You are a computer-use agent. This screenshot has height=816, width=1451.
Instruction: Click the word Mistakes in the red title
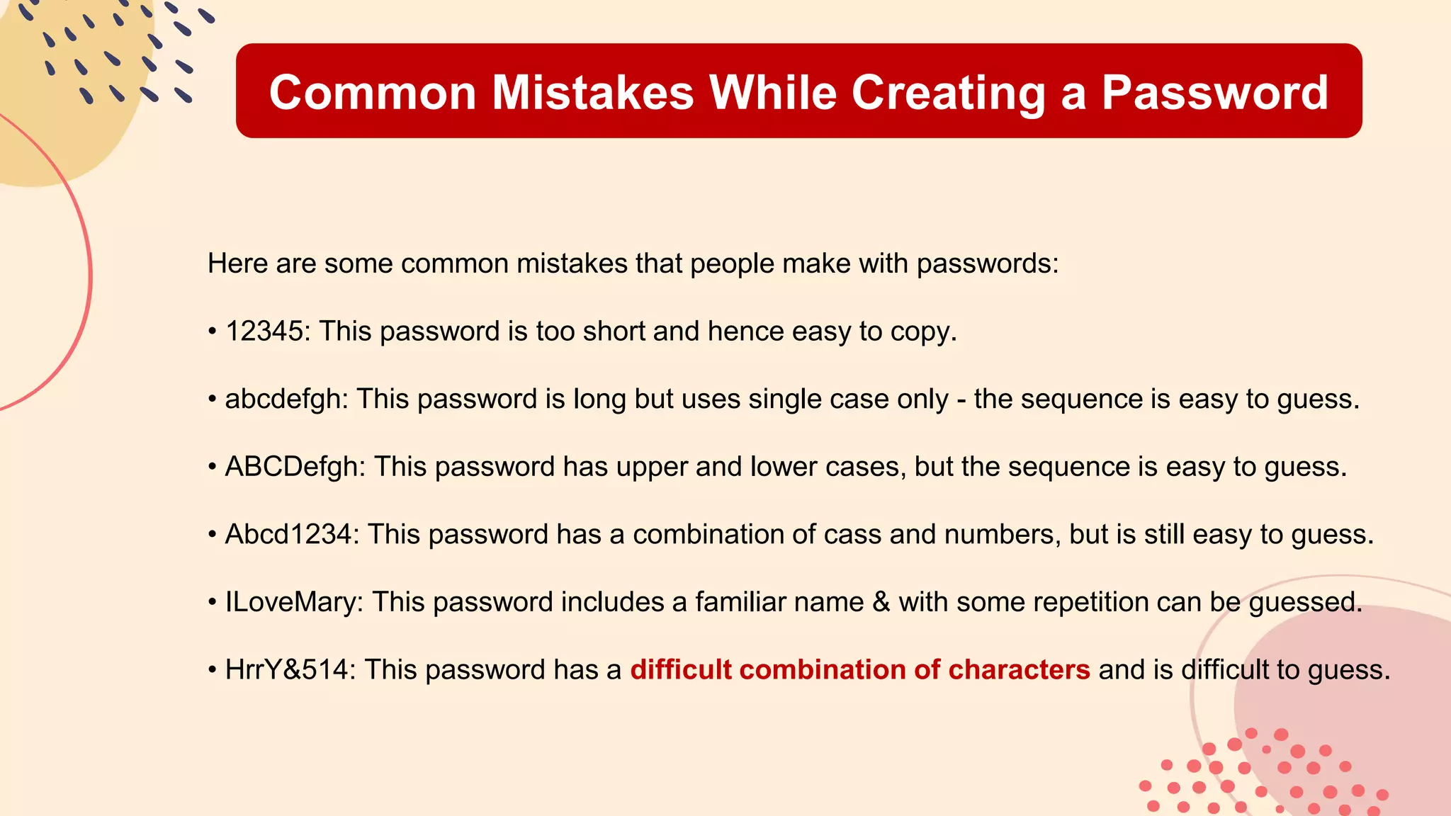(x=593, y=93)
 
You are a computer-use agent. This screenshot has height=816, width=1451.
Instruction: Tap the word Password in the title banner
(x=1214, y=93)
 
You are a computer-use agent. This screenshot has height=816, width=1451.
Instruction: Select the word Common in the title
(x=373, y=93)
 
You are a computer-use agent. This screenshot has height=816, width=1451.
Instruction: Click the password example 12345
(x=264, y=331)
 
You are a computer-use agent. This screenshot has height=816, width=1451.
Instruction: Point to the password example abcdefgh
(x=283, y=399)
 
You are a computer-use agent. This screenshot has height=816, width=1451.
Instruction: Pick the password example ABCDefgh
(x=291, y=467)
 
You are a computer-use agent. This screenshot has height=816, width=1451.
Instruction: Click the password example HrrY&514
(x=286, y=669)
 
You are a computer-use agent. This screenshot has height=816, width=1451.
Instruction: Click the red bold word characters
(x=1019, y=669)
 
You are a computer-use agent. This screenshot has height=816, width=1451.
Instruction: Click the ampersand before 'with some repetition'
(x=881, y=602)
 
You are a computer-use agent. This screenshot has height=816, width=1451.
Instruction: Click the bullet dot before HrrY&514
(x=212, y=670)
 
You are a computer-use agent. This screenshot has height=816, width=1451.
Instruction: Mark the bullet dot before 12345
(x=212, y=332)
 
